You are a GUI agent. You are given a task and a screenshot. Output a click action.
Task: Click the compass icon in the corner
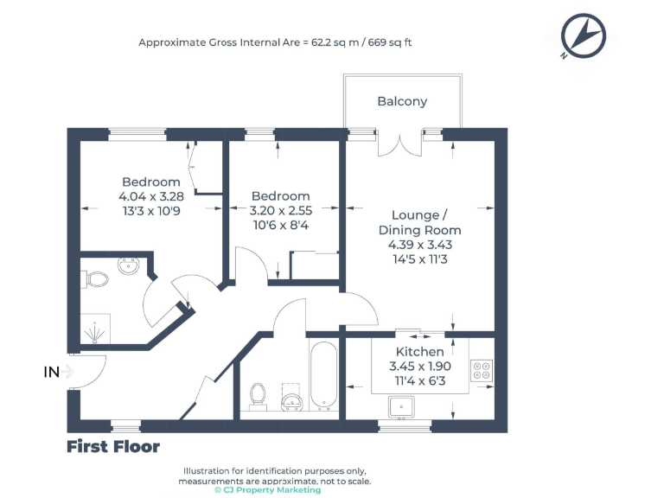[x=583, y=36]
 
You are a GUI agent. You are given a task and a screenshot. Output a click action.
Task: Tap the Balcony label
[x=402, y=101]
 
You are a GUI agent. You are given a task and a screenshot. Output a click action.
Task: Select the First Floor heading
[x=113, y=446]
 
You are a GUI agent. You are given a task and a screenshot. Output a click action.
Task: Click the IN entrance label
[x=52, y=372]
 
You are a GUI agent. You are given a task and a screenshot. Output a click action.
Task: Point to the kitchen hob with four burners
[x=481, y=371]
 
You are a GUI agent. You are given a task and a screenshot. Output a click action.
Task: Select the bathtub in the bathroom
[x=323, y=375]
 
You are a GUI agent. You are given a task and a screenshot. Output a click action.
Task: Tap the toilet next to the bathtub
[x=258, y=394]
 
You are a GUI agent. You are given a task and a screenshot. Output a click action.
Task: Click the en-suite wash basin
[x=130, y=265]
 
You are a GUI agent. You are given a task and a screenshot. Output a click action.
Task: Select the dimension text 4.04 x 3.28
[x=151, y=196]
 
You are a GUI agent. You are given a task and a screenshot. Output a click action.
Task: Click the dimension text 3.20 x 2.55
[x=281, y=210]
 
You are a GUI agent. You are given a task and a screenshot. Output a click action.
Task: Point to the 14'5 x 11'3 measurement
[x=419, y=258]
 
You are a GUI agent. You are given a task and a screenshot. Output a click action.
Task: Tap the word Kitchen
[x=420, y=352]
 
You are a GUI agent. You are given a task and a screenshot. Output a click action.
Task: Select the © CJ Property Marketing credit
[x=267, y=490]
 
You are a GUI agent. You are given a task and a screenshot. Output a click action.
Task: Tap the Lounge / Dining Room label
[x=419, y=222]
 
